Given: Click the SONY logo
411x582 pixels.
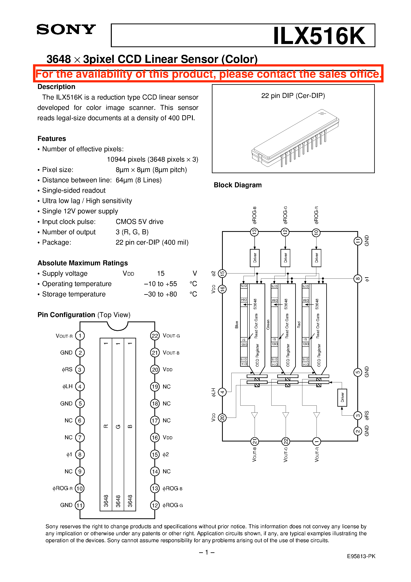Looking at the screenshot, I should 66,29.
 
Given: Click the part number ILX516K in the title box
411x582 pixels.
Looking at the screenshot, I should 319,36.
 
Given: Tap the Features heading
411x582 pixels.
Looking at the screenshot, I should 52,139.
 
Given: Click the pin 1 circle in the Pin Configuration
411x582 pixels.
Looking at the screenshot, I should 80,336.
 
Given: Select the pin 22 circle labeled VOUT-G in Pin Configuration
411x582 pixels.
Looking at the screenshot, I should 155,336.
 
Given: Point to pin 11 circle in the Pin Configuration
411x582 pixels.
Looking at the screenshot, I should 80,505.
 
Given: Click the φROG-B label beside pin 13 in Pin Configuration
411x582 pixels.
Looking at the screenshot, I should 172,488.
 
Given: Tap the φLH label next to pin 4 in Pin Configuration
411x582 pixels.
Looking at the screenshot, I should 67,387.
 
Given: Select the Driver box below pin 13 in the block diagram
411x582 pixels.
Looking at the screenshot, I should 255,258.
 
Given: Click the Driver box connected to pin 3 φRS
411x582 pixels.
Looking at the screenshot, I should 342,397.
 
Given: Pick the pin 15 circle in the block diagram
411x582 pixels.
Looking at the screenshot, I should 222,273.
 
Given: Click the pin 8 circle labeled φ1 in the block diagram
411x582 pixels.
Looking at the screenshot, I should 357,279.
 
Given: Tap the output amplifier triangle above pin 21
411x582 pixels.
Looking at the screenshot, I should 254,415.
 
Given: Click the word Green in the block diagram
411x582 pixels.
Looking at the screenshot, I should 268,325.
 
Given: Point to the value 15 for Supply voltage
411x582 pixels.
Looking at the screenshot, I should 161,273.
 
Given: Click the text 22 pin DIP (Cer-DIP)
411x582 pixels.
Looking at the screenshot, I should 293,96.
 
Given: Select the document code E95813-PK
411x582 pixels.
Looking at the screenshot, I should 361,556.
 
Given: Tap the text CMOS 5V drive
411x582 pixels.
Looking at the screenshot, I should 139,222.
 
